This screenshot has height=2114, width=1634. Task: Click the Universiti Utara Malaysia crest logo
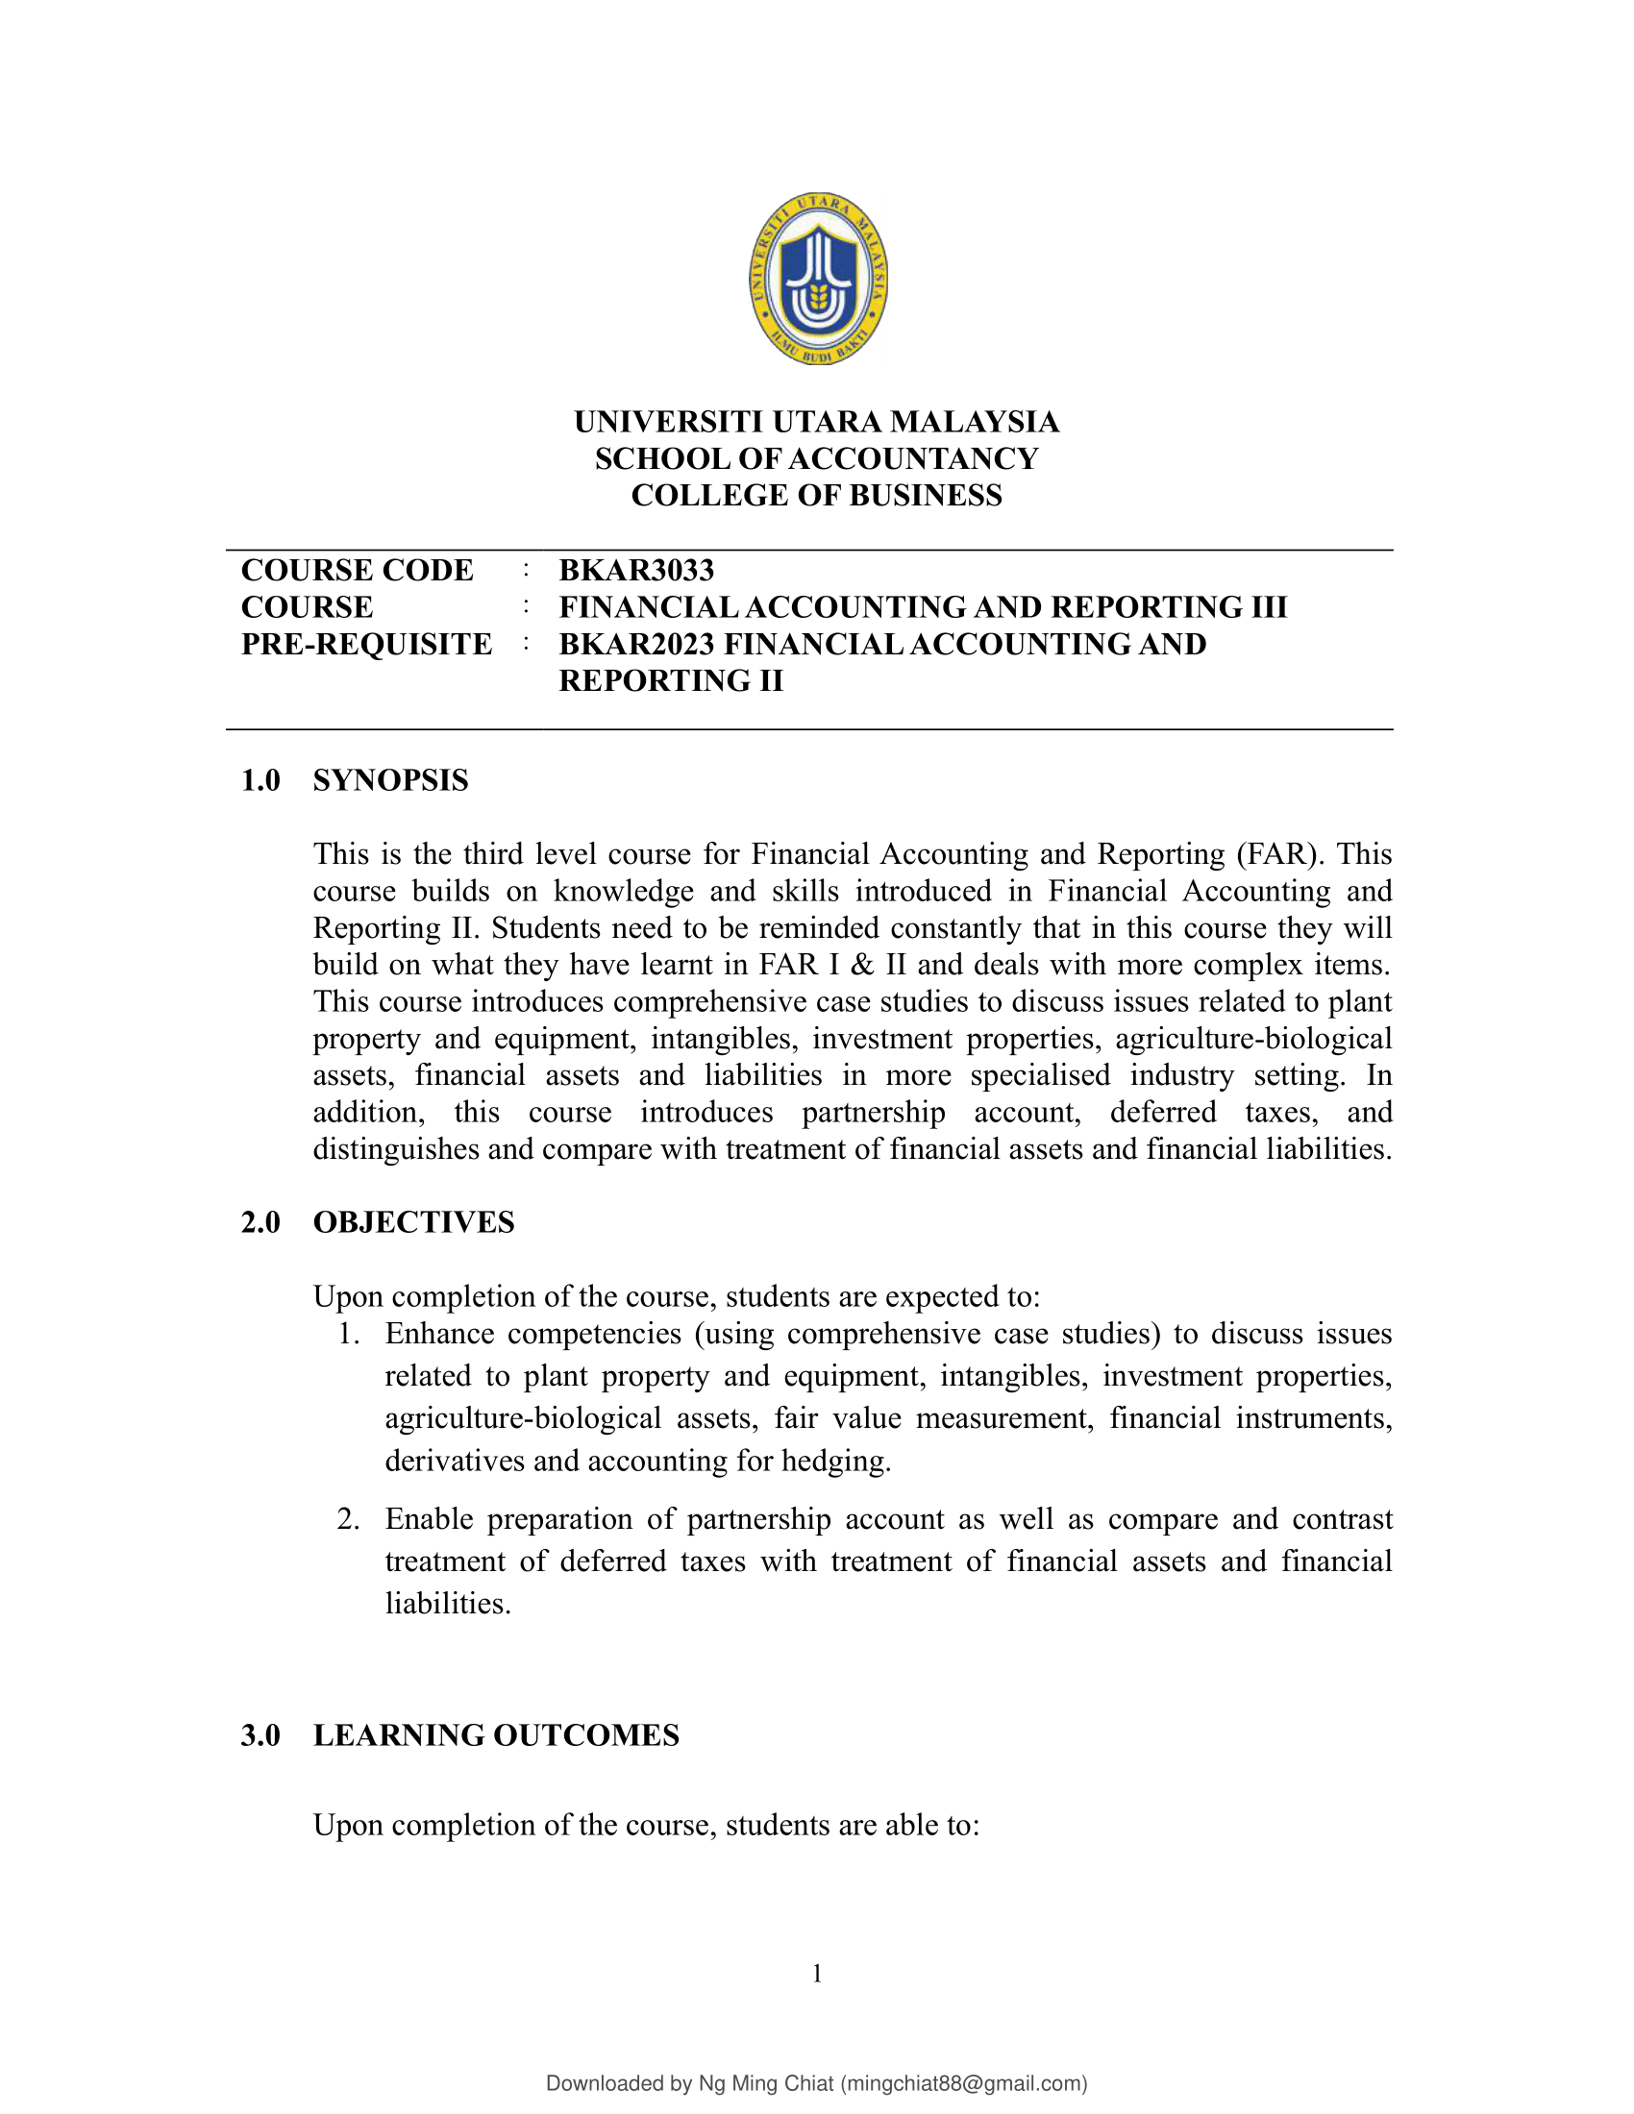[818, 278]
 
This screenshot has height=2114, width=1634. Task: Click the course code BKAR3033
[636, 570]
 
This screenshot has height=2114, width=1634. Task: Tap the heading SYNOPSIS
[390, 780]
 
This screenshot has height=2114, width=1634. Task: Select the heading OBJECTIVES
[413, 1222]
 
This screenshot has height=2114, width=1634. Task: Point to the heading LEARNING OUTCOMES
[496, 1735]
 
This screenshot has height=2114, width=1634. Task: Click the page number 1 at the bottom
[817, 1973]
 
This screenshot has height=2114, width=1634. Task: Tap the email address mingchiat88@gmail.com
[962, 2083]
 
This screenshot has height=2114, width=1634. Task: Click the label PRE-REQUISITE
[366, 644]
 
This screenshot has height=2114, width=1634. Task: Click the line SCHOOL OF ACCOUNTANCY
[817, 458]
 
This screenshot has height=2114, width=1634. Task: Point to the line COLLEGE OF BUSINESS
[817, 496]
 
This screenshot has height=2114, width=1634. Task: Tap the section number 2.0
[260, 1222]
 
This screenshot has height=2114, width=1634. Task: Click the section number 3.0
[260, 1735]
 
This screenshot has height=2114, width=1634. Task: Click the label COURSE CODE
[358, 570]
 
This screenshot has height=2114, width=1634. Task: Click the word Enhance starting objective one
[438, 1334]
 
